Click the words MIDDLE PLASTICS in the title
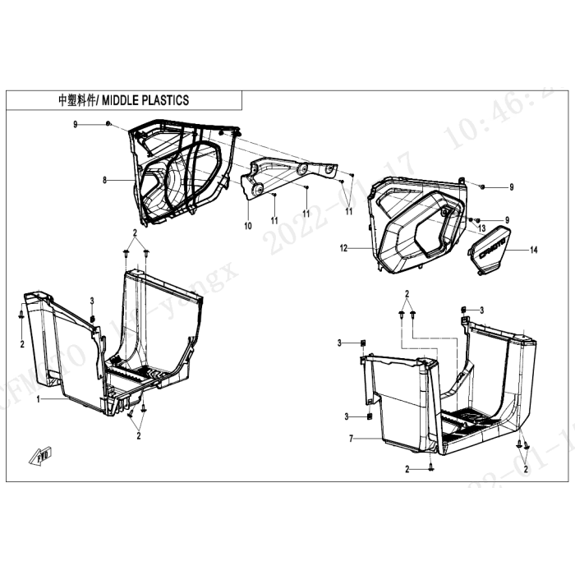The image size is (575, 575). pos(145,100)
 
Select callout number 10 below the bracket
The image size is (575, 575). pos(247,224)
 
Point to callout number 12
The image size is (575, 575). pos(344,246)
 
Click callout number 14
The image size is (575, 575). pos(533,249)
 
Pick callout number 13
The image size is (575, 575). pos(483,228)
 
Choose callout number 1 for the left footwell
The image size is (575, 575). pos(38,398)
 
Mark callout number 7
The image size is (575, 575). pos(351,439)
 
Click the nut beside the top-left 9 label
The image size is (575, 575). pos(108,123)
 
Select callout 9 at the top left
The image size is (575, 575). pos(75,123)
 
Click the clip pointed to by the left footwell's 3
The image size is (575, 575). pos(93,318)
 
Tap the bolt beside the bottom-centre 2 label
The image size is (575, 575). pos(431,468)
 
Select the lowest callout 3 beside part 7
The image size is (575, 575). pos(347,416)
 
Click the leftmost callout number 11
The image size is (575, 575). pos(274,220)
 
